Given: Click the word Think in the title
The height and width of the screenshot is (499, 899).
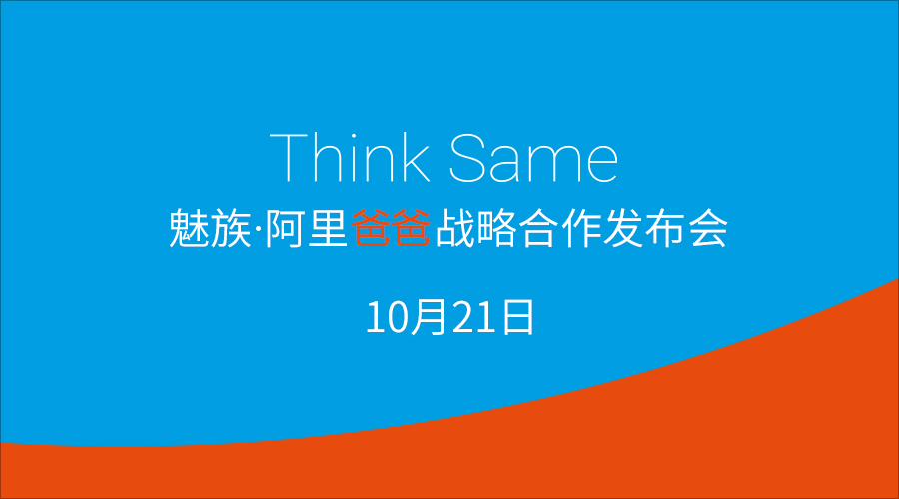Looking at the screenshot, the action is point(350,158).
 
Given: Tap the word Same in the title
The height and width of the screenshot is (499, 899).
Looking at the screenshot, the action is point(533,158).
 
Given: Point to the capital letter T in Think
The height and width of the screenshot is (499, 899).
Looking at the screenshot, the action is point(288,158).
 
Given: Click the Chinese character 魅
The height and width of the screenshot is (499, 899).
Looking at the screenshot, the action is point(189,228).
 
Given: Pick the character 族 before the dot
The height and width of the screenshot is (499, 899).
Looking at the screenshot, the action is point(231,228).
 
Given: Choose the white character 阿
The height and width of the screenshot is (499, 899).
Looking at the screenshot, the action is point(285,228).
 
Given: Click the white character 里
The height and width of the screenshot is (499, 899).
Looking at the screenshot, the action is point(328,228).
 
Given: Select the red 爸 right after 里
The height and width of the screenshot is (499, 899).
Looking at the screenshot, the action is point(370,228).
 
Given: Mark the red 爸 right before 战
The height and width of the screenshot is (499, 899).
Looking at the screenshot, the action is point(412,228).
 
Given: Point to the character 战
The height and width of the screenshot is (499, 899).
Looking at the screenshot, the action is point(454,228).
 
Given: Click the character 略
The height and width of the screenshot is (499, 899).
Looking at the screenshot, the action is point(497,228).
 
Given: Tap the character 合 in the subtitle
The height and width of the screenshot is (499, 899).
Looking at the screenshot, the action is point(539,228).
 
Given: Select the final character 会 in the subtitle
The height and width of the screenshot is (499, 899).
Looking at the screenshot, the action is point(709,228).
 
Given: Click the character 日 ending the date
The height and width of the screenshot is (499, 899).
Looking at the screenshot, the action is point(517,316).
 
